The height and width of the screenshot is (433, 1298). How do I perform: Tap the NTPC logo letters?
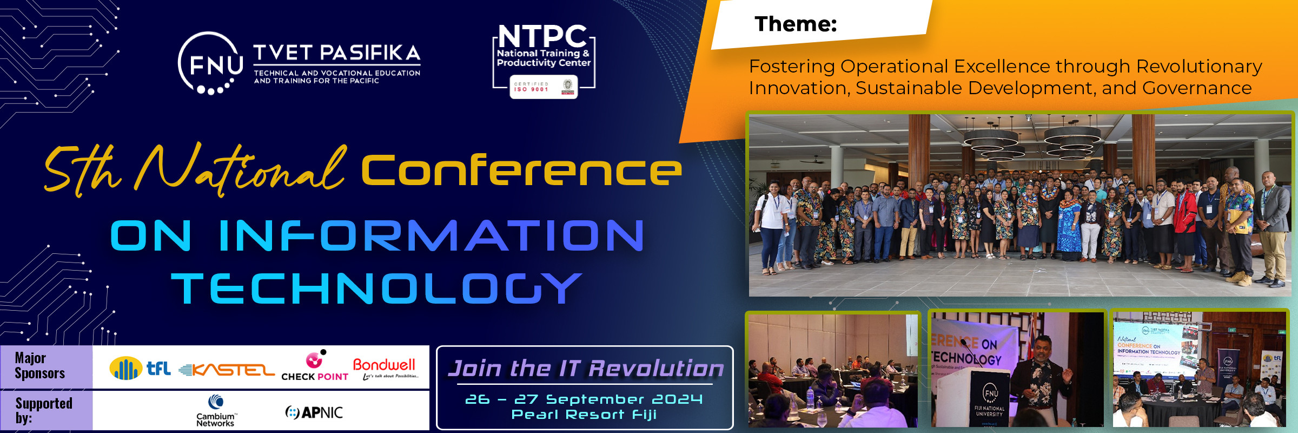click(x=542, y=36)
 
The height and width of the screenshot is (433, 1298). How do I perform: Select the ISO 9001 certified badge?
click(x=543, y=87)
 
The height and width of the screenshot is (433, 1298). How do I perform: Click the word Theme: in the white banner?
click(x=795, y=24)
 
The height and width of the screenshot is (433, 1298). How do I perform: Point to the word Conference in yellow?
click(x=521, y=170)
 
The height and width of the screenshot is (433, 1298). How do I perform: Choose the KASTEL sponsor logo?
click(x=227, y=370)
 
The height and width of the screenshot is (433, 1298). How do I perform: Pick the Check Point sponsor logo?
click(x=315, y=366)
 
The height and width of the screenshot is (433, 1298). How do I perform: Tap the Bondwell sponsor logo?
click(x=385, y=368)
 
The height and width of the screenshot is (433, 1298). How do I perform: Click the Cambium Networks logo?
click(x=215, y=411)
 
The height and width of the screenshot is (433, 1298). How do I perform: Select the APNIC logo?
click(x=314, y=412)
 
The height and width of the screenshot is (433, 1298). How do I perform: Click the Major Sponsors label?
click(x=39, y=366)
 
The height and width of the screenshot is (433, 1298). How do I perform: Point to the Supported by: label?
click(x=43, y=410)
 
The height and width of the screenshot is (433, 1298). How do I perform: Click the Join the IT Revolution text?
click(x=585, y=369)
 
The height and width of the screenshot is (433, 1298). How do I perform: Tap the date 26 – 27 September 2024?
click(x=584, y=399)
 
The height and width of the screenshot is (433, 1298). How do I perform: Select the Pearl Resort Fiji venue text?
click(x=584, y=415)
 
